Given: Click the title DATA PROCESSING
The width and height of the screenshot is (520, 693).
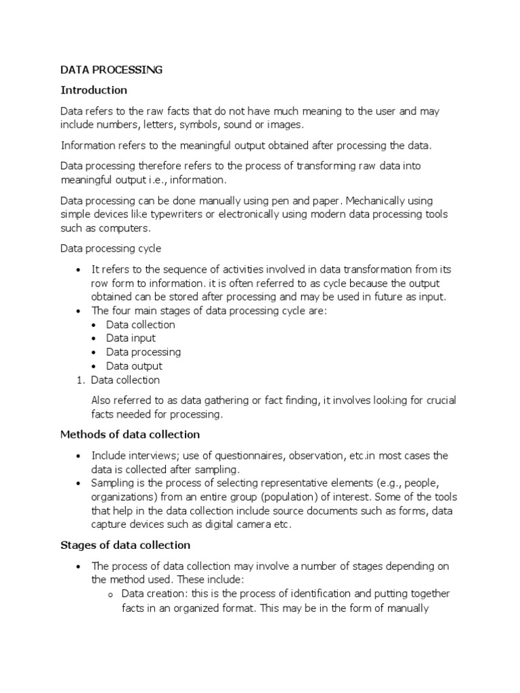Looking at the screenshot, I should coord(112,70).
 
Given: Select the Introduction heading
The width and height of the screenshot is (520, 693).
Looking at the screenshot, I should coord(94,90).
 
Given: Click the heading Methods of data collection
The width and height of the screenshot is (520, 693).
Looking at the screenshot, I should coord(130,434).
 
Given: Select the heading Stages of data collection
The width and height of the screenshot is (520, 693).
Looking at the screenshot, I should coord(125,545).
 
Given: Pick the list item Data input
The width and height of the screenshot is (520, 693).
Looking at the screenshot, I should coord(131,338).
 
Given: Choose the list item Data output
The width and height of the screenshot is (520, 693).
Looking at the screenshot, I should coord(134,366).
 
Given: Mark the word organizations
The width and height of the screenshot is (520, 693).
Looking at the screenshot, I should coord(123,497).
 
